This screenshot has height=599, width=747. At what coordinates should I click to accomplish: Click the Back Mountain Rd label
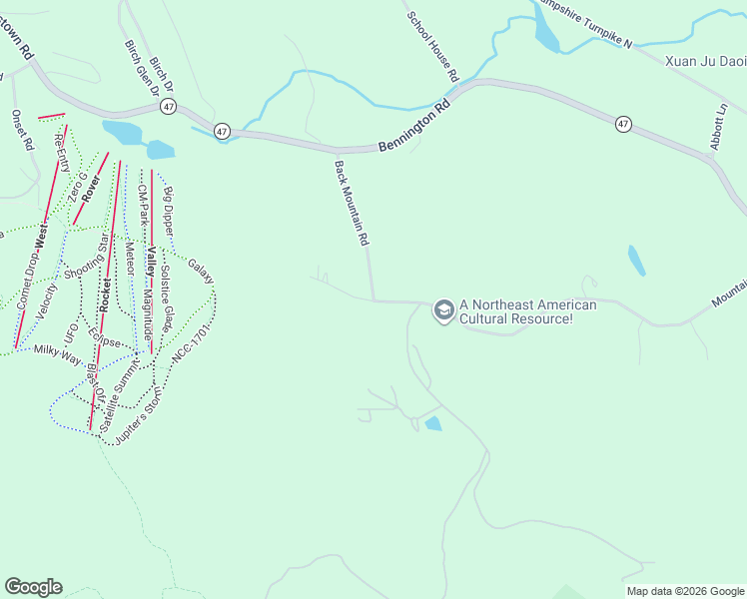click(353, 204)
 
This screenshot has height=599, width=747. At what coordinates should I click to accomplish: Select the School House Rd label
click(432, 46)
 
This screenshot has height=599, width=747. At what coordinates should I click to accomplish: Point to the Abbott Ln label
click(718, 126)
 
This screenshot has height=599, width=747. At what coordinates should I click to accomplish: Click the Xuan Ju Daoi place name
click(705, 61)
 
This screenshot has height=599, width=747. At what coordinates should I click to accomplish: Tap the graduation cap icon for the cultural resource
click(442, 311)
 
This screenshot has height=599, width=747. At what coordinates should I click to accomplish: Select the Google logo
click(33, 586)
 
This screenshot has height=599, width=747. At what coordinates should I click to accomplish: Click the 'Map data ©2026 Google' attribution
click(685, 591)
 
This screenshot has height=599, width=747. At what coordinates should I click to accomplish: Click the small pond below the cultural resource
click(432, 424)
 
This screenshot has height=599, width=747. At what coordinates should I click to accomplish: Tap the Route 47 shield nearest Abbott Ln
click(623, 124)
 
